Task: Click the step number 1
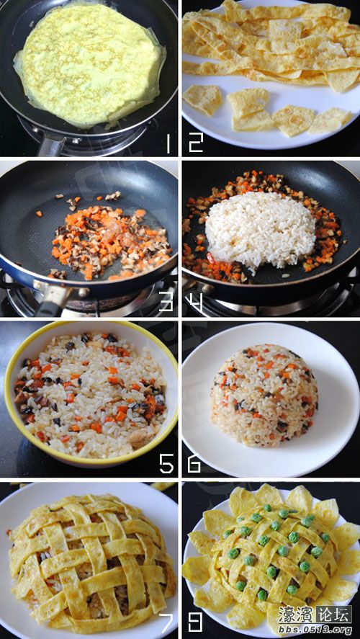(168, 144)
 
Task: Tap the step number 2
(195, 144)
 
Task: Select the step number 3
(166, 303)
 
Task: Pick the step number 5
(166, 463)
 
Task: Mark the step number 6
(194, 463)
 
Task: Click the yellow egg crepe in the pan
(89, 64)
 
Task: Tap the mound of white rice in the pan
(260, 231)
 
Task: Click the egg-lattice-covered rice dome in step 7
(91, 563)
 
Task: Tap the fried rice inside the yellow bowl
(91, 393)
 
